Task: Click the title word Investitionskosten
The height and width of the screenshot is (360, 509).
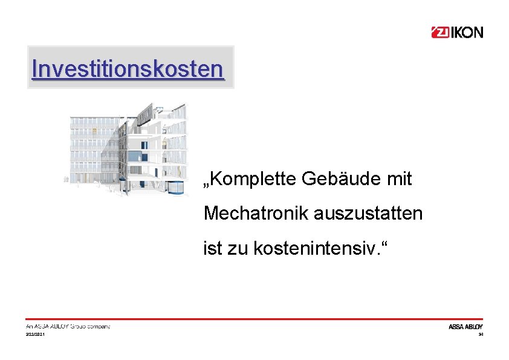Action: click(x=128, y=68)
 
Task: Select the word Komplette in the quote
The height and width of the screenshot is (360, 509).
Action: click(x=249, y=179)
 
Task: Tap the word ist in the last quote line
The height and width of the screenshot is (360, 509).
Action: click(x=213, y=247)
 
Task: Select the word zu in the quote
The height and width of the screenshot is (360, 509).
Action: click(x=238, y=247)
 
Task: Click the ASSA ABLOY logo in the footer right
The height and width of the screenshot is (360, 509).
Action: click(x=465, y=327)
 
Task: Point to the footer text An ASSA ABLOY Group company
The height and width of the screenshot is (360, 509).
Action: click(x=68, y=327)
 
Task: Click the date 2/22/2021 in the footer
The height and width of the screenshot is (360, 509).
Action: click(x=35, y=335)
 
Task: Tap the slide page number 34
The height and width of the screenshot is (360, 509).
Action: click(x=481, y=335)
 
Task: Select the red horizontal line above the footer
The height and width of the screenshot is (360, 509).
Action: click(x=254, y=319)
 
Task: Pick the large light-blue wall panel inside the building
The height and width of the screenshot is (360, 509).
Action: click(x=134, y=157)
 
